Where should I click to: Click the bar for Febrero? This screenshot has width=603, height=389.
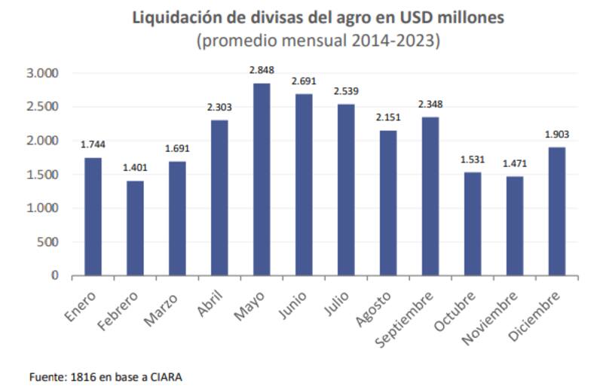[x=135, y=228]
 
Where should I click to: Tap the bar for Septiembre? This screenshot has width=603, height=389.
[x=430, y=196]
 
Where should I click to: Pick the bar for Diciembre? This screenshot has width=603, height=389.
[x=557, y=211]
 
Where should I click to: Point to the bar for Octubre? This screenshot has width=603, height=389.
[x=473, y=223]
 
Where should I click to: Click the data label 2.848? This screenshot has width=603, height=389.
[x=261, y=70]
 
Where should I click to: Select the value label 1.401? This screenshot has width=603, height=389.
[x=135, y=168]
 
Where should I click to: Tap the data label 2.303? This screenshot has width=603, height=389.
[x=219, y=107]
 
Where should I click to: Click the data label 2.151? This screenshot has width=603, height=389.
[x=387, y=117]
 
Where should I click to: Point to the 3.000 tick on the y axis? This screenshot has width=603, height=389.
[x=41, y=73]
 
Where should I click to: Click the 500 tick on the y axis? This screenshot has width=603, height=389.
[x=47, y=242]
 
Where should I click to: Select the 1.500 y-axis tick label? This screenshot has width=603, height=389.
[x=41, y=175]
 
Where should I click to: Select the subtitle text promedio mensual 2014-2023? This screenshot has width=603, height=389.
[x=317, y=41]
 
